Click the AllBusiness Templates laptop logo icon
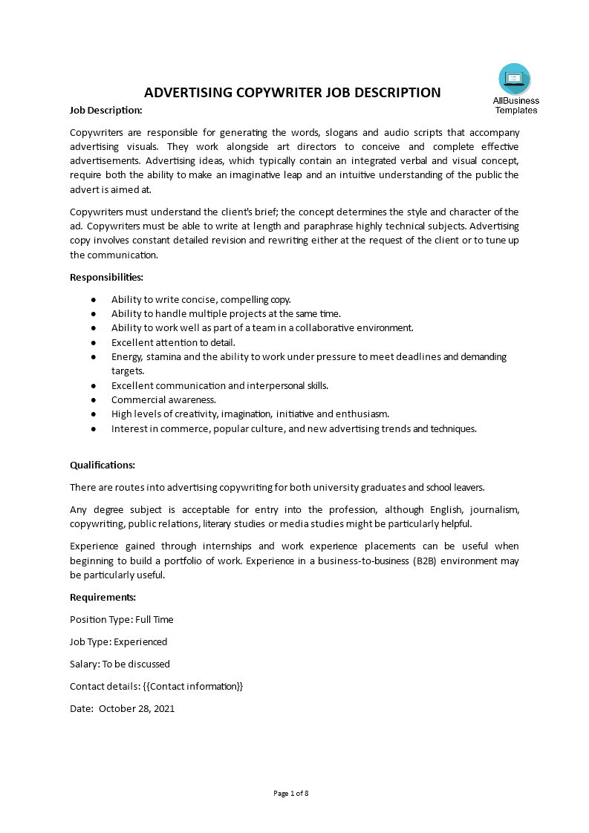point(515,79)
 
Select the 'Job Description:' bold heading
point(105,110)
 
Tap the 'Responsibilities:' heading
point(106,277)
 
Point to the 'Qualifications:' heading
point(102,465)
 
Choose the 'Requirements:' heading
point(102,597)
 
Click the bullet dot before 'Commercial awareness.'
point(93,399)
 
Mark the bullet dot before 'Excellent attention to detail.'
point(93,342)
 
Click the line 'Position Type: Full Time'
point(121,619)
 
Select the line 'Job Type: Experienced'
point(118,641)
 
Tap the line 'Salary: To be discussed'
point(120,664)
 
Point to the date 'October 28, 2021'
point(137,708)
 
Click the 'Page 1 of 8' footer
point(291,793)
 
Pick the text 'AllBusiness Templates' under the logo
point(515,105)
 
